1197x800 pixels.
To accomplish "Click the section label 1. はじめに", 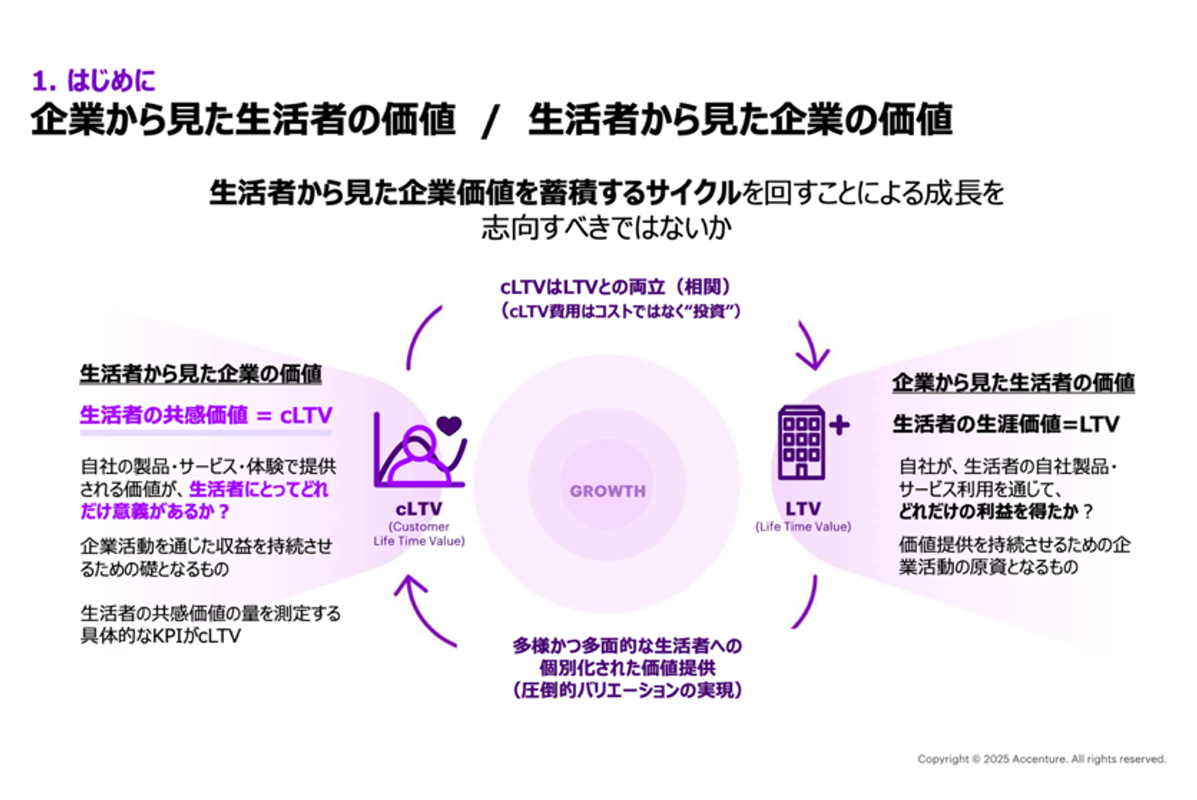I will (x=93, y=80).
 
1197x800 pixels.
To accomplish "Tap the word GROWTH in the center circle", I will (x=607, y=491).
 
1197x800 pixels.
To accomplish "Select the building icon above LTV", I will (x=801, y=442).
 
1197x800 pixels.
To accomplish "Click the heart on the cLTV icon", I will (x=449, y=425).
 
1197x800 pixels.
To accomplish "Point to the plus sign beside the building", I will (x=839, y=425).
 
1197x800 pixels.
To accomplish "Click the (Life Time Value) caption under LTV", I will (x=802, y=527).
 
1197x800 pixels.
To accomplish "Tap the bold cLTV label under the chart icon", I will (x=418, y=509).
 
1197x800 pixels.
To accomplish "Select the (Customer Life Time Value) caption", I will (x=418, y=534).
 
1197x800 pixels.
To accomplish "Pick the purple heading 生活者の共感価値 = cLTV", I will (x=205, y=416).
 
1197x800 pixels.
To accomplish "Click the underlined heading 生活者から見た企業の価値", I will (x=200, y=374).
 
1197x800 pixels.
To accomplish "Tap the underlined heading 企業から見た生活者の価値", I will (x=1013, y=383).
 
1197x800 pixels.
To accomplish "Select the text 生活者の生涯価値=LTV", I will (x=1006, y=425).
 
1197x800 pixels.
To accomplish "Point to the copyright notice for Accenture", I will (x=1041, y=759).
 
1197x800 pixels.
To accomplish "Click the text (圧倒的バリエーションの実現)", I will (x=627, y=690).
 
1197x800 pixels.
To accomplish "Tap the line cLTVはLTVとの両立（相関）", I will (x=615, y=287).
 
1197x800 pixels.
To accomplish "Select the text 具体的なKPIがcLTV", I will (x=160, y=636).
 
